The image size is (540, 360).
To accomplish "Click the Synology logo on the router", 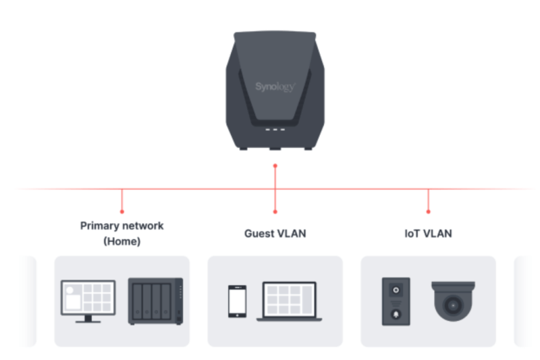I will [275, 87].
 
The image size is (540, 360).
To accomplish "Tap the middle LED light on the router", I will [275, 130].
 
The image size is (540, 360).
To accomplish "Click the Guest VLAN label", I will [275, 234].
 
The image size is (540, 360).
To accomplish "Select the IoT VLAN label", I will [428, 234].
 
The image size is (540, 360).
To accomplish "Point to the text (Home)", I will [122, 241].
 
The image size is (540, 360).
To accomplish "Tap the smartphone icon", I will [237, 301].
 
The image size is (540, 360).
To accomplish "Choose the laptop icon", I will [289, 301].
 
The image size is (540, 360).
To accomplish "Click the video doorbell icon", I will [396, 301].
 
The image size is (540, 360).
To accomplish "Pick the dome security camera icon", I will [453, 301].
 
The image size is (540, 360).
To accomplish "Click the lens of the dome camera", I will [453, 306].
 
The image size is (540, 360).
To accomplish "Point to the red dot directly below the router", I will [275, 165].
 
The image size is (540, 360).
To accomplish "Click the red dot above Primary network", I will [122, 211].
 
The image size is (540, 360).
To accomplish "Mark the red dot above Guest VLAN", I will [275, 211].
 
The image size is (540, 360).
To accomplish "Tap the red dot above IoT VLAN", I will [428, 211].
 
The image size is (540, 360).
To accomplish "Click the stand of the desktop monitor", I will [88, 318].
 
